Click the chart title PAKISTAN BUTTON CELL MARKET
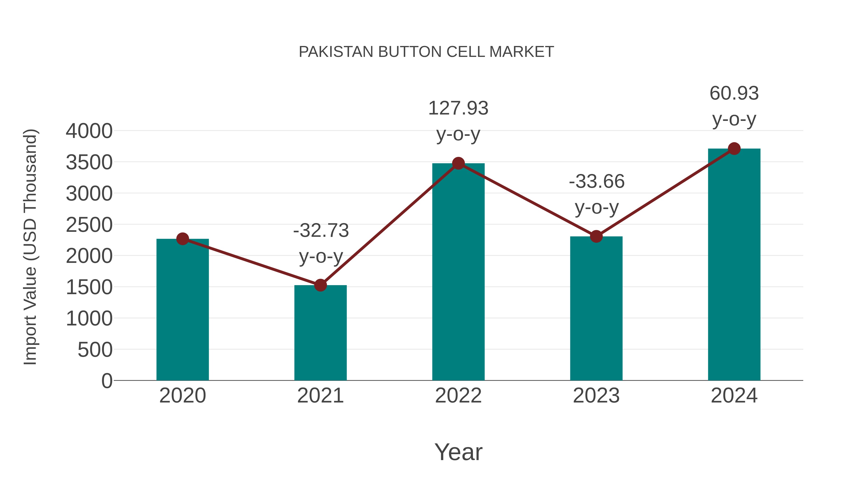[x=426, y=52]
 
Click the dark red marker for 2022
[x=458, y=163]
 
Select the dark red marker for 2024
[x=734, y=148]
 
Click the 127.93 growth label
[x=458, y=108]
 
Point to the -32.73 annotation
[x=321, y=231]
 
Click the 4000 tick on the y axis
[x=89, y=131]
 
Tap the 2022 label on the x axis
[x=458, y=396]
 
